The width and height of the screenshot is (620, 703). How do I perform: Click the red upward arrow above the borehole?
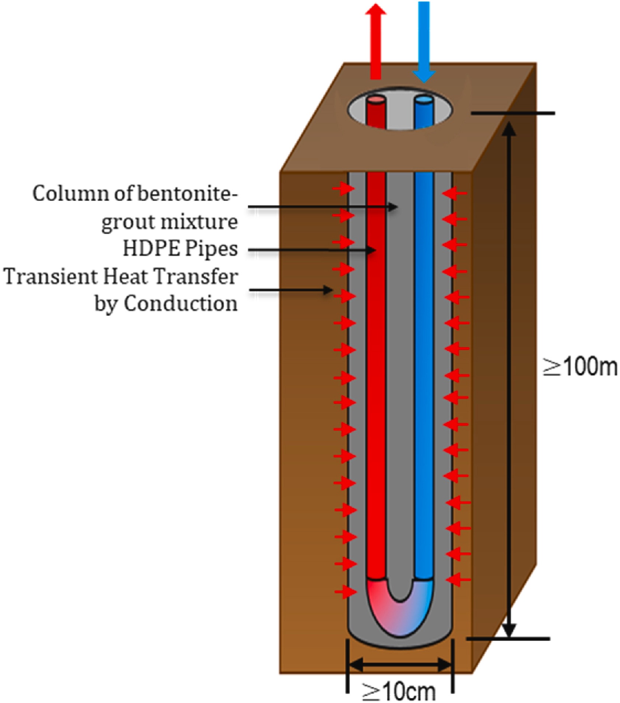click(x=375, y=41)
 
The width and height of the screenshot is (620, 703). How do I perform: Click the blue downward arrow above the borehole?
click(x=424, y=41)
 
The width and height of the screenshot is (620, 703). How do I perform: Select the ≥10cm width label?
click(x=399, y=692)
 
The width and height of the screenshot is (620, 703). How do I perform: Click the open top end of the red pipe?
click(x=376, y=100)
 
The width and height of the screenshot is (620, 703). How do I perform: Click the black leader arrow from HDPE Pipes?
click(x=312, y=250)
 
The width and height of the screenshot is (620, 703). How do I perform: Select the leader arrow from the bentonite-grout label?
click(x=323, y=207)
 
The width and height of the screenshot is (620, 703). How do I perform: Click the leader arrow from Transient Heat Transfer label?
click(x=291, y=290)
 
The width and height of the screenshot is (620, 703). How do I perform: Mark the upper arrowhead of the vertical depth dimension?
click(x=509, y=129)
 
